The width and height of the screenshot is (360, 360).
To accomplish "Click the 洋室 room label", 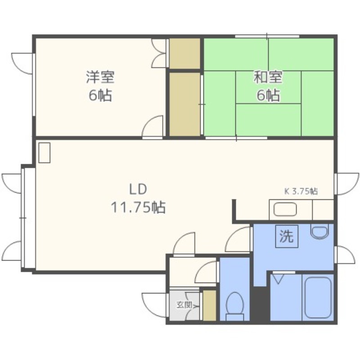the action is pyautogui.click(x=100, y=77).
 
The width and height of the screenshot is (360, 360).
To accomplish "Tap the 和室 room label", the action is pyautogui.click(x=268, y=77).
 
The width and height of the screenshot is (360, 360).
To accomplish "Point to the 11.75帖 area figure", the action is pyautogui.click(x=138, y=207).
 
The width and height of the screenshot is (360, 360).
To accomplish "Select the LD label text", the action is pyautogui.click(x=138, y=189).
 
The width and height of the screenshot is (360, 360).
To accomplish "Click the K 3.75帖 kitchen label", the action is pyautogui.click(x=301, y=191).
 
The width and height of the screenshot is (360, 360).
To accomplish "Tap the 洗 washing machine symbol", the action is pyautogui.click(x=287, y=236).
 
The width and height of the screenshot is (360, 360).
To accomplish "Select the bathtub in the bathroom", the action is pyautogui.click(x=318, y=297).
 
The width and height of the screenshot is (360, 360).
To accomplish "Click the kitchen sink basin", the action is pyautogui.click(x=285, y=209).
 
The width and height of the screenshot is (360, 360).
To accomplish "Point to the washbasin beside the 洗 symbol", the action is pyautogui.click(x=319, y=231).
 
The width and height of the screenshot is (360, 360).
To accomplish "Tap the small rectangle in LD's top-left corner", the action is pyautogui.click(x=44, y=153).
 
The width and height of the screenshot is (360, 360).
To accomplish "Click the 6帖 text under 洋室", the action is pyautogui.click(x=100, y=95).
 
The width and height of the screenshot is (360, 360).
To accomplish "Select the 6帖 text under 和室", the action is pyautogui.click(x=268, y=95).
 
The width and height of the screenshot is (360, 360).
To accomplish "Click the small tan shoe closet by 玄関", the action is pyautogui.click(x=209, y=306).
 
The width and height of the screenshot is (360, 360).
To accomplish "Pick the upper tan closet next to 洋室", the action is pyautogui.click(x=184, y=53).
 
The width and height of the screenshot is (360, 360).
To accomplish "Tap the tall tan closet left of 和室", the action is pyautogui.click(x=184, y=104).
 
